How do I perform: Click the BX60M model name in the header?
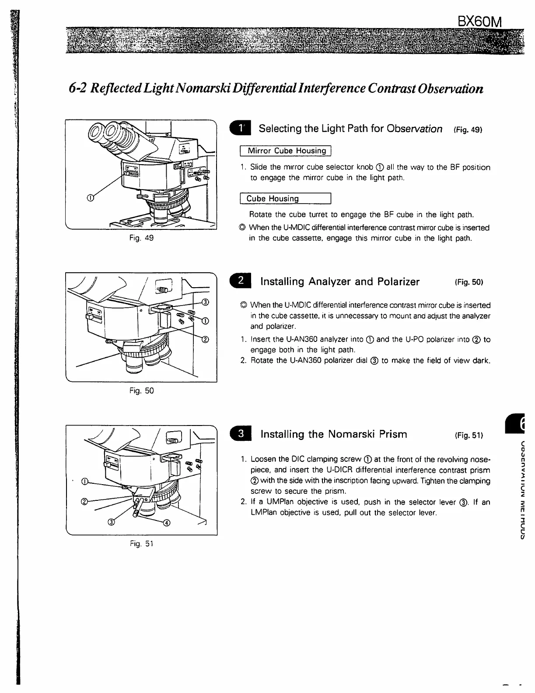click(x=479, y=21)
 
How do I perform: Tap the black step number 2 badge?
click(x=240, y=281)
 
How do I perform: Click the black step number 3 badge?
click(x=240, y=434)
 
